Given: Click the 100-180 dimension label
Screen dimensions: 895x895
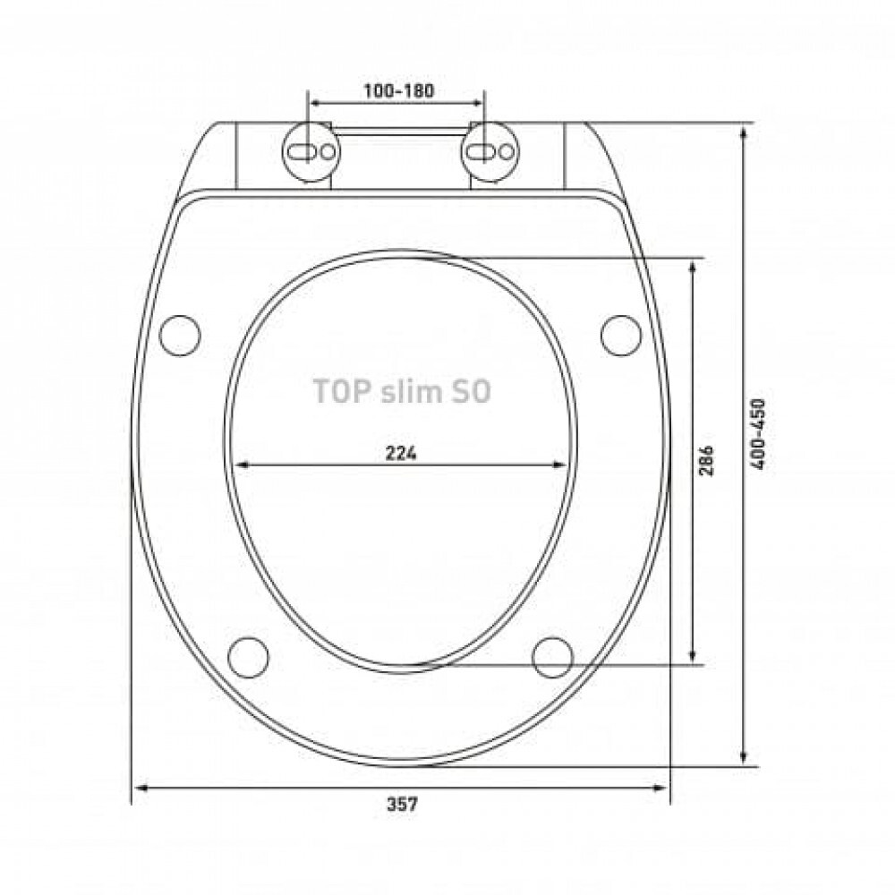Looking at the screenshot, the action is click(399, 90).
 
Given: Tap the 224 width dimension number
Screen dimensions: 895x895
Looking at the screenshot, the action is click(401, 453).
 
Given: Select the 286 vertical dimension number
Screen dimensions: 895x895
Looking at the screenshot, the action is click(706, 460).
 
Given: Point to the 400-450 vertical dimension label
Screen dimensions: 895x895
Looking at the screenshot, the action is click(758, 434).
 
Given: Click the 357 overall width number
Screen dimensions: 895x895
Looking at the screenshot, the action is click(403, 805).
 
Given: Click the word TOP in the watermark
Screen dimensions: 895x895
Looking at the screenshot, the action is click(336, 392).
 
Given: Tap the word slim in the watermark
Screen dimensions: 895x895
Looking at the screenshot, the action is click(405, 392).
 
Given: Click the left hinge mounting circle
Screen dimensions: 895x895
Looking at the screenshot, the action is click(311, 151).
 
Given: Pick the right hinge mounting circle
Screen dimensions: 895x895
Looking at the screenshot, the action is click(490, 151).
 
